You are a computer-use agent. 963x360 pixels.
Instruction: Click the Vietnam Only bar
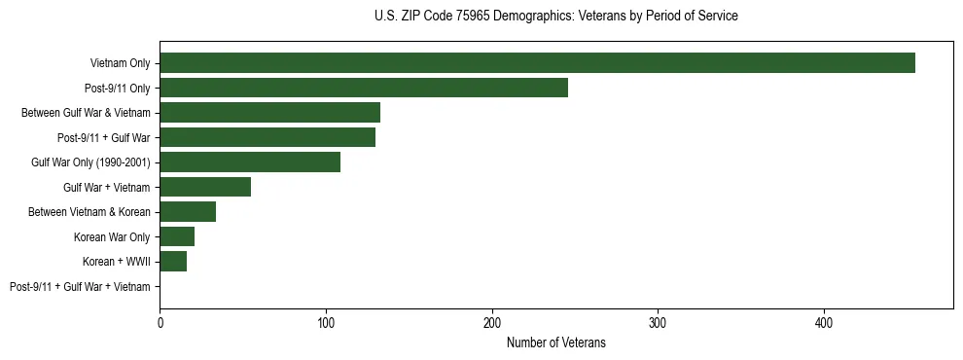(x=537, y=63)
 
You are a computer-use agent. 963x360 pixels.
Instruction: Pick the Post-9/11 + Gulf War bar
(x=267, y=137)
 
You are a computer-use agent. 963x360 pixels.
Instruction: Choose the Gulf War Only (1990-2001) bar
(x=250, y=162)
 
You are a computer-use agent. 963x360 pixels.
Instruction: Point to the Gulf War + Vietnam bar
(x=205, y=187)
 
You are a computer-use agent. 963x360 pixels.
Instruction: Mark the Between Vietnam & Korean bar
(x=188, y=212)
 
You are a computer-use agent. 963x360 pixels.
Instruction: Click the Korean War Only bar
(x=177, y=236)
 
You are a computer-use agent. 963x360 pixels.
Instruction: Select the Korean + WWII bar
(x=173, y=262)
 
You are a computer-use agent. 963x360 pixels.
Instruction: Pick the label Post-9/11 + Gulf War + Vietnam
(x=80, y=287)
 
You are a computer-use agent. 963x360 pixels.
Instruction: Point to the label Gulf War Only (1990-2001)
(x=90, y=162)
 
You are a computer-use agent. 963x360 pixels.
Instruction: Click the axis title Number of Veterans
(x=556, y=342)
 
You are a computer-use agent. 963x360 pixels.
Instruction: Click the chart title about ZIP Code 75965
(x=556, y=17)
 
